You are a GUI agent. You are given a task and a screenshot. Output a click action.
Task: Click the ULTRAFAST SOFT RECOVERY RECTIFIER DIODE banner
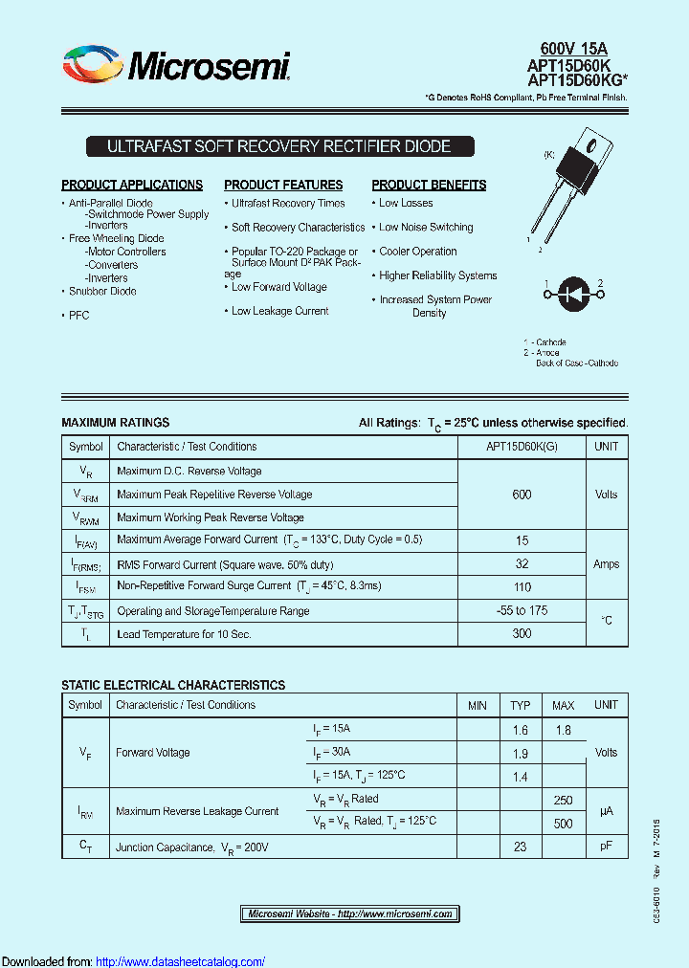278,146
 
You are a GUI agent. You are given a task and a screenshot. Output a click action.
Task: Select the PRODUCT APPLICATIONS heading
132,185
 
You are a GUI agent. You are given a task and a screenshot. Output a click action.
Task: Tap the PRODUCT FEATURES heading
283,185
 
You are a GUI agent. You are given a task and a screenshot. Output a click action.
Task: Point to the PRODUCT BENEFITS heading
429,185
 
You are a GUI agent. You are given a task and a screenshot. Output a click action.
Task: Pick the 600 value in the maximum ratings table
522,495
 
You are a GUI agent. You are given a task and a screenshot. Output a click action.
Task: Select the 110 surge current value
522,585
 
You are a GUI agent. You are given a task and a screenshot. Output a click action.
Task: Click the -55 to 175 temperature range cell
522,610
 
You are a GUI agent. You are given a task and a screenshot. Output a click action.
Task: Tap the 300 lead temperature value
522,634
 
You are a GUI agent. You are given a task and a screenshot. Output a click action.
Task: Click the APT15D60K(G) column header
522,447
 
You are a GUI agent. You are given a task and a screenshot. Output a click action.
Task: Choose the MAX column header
563,706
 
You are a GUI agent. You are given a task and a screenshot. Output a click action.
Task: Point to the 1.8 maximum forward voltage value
563,730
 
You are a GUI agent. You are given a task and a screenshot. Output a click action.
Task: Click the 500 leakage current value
563,823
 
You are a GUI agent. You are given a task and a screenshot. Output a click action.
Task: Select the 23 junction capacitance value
520,846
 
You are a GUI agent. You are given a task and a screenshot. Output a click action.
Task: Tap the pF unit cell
606,846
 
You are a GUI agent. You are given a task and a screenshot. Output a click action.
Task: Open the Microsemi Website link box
350,913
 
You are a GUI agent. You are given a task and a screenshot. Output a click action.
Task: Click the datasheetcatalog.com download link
181,961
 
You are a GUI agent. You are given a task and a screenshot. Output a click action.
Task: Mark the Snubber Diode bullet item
102,292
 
